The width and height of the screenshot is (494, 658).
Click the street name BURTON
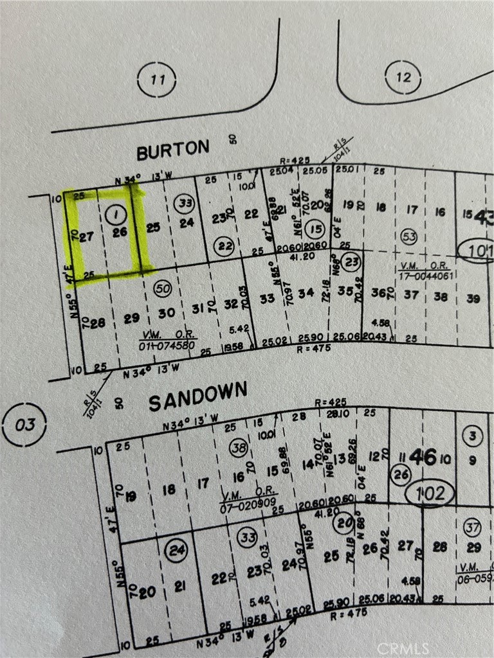pyautogui.click(x=172, y=150)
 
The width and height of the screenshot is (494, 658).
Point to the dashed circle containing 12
pyautogui.click(x=403, y=78)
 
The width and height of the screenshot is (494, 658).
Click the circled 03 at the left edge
pyautogui.click(x=24, y=425)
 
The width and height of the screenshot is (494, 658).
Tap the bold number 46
pyautogui.click(x=423, y=458)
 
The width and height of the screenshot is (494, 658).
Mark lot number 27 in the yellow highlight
pyautogui.click(x=88, y=236)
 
